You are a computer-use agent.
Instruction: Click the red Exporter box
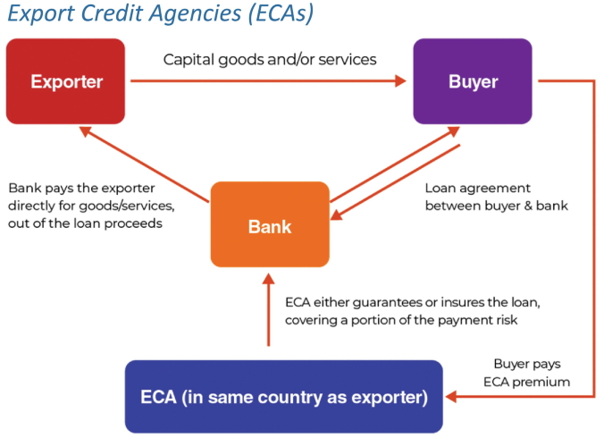67,81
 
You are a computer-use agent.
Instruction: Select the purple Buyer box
473,81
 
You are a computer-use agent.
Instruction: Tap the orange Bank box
270,224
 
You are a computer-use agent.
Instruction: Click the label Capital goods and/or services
270,60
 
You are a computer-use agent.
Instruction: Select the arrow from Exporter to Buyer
268,81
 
